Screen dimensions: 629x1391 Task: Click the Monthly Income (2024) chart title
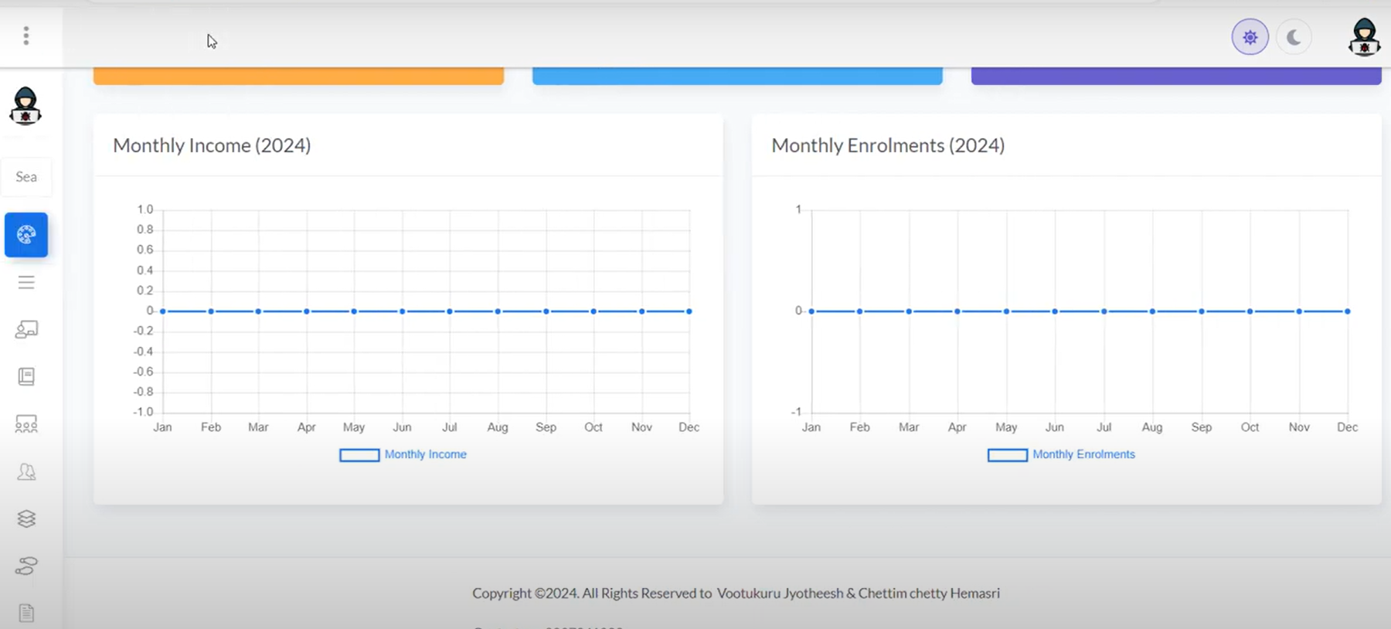tap(212, 145)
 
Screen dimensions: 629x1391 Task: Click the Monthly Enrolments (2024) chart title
tap(888, 145)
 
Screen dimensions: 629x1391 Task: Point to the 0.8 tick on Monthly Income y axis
tap(145, 229)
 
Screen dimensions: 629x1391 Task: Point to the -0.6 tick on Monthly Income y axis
tap(143, 372)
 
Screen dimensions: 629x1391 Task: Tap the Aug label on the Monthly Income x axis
tap(498, 427)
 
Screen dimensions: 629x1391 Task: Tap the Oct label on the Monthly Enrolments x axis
tap(1250, 427)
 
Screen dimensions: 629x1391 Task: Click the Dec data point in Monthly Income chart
tap(689, 311)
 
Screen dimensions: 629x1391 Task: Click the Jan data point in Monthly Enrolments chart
tap(811, 311)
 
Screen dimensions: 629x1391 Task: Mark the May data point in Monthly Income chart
tap(354, 311)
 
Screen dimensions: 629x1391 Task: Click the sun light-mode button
tap(1250, 37)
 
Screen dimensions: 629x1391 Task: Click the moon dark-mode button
tap(1294, 37)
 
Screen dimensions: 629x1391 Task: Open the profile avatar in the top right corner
tap(1364, 37)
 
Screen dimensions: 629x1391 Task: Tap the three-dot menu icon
tap(26, 36)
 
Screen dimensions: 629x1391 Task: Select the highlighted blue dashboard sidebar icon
tap(26, 235)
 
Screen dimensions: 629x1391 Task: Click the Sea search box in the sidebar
tap(26, 177)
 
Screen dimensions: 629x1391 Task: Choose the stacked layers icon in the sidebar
tap(26, 518)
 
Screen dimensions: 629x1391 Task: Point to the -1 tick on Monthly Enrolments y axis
tap(796, 412)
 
